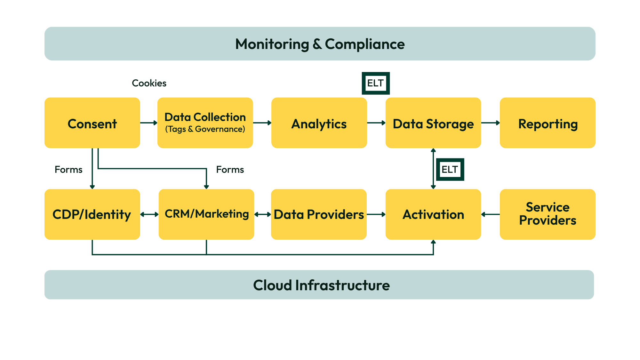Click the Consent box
coord(92,123)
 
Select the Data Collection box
coord(205,123)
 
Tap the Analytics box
coord(319,123)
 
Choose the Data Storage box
coord(433,123)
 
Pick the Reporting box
coord(547,123)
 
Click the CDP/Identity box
coord(92,214)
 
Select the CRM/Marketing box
coord(206,214)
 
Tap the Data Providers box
coord(319,214)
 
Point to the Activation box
coord(433,214)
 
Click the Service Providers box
coord(547,214)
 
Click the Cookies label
coord(149,83)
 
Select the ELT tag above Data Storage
coord(375,83)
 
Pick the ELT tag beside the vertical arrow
coord(450,170)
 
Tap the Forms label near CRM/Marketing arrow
coord(230,170)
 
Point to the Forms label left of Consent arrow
coord(68,170)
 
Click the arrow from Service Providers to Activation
coord(490,214)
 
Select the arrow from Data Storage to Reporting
coord(490,123)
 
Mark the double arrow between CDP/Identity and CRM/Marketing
coord(149,214)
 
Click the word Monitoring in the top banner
coord(272,44)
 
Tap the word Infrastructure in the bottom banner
coord(342,285)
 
